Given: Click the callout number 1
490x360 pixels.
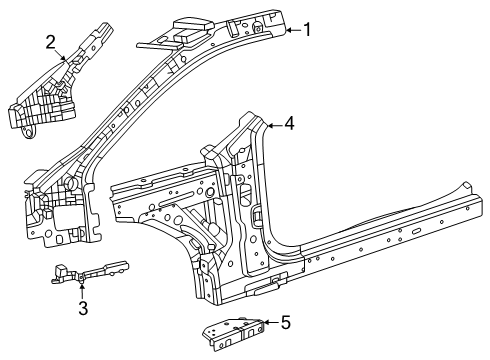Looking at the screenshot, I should (x=308, y=30).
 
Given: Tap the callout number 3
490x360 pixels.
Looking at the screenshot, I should (x=84, y=308).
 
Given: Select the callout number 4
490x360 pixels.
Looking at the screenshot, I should (x=289, y=124).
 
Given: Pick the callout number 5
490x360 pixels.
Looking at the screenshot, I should (x=286, y=322).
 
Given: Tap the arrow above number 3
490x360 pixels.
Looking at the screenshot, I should (x=82, y=291).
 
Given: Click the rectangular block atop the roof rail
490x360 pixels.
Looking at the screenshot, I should (x=187, y=33).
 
